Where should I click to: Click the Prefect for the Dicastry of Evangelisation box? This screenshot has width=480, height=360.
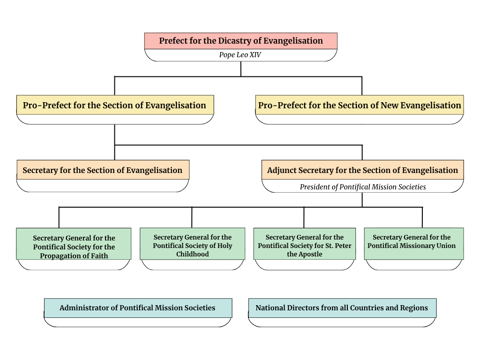240,41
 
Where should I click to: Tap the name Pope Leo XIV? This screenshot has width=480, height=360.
240,55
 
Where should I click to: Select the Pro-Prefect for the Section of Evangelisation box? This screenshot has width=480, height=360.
115,105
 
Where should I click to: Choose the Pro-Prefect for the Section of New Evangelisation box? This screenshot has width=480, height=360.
360,105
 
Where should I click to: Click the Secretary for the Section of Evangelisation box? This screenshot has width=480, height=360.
103,170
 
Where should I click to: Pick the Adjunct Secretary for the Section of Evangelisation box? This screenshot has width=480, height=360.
362,170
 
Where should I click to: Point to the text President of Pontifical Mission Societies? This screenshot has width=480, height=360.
363,187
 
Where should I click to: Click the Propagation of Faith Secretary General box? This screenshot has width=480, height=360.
74,247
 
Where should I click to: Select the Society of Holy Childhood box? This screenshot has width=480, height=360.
192,246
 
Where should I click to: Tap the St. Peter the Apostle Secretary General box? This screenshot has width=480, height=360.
304,246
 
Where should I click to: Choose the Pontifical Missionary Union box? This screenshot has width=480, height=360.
413,241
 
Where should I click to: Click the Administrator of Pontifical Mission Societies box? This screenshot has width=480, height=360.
137,308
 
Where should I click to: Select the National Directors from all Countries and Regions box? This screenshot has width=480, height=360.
342,308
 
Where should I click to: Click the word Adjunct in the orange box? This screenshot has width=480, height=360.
281,170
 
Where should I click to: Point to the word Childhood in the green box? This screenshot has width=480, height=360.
192,254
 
